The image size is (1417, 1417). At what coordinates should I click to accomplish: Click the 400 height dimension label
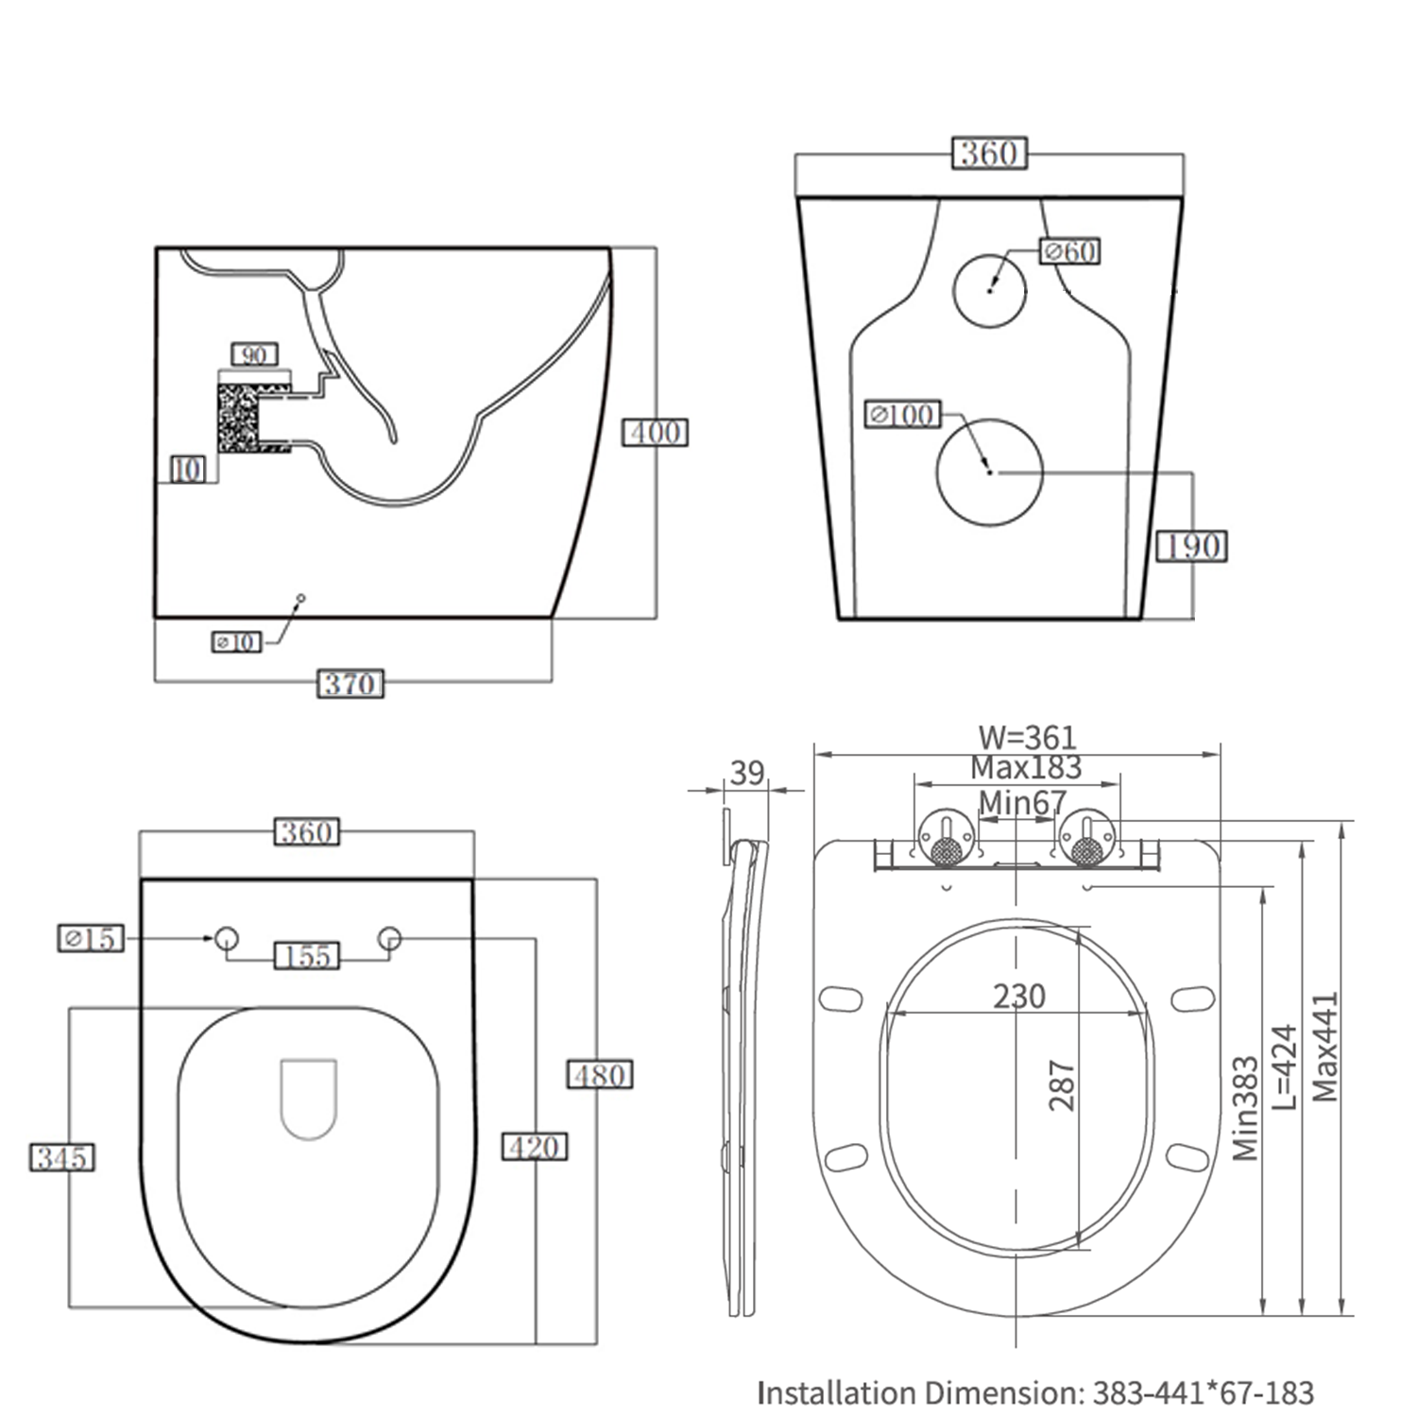655,432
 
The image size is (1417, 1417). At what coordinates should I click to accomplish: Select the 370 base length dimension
350,683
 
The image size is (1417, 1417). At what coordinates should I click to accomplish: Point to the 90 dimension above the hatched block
254,355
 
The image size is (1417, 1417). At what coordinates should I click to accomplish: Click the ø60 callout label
1070,251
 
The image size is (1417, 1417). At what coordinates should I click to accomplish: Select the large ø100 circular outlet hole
989,472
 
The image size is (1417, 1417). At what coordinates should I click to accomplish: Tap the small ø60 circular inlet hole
989,290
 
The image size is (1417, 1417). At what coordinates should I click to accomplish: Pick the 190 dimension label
1191,546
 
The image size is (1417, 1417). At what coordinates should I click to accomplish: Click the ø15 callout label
91,938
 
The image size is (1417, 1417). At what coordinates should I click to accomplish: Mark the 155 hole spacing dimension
307,956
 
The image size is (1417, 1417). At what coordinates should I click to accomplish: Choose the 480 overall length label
600,1075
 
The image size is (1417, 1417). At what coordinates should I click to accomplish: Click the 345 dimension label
62,1157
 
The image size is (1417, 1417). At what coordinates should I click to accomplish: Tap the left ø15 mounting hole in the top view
227,938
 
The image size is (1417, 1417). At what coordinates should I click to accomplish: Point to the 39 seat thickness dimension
746,773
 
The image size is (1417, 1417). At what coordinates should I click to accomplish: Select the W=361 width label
1027,737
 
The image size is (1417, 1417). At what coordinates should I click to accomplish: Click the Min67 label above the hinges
1021,803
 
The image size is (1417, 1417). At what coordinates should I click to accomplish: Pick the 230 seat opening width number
1018,996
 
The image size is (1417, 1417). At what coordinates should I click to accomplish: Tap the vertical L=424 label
1286,1067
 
